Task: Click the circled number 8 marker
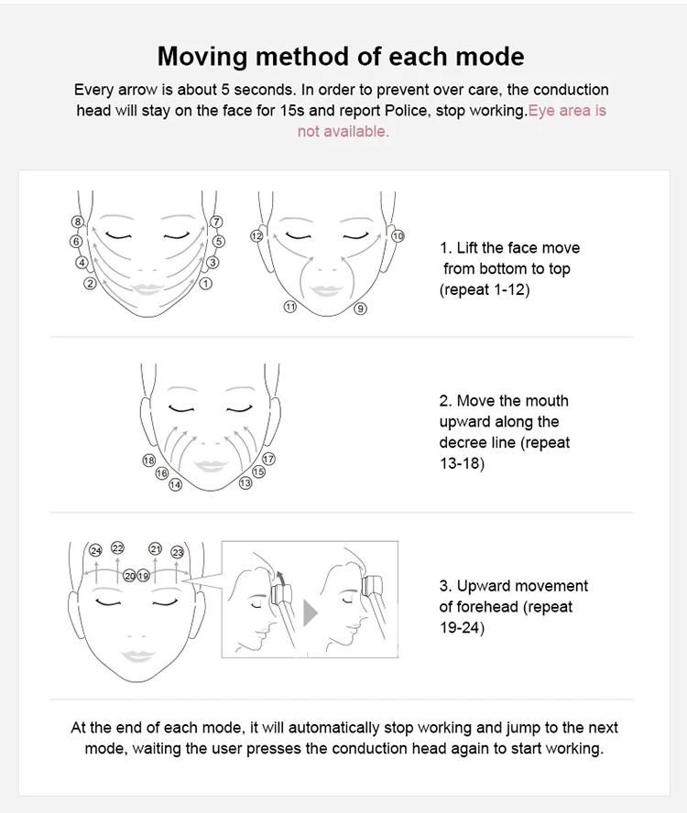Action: pos(78,222)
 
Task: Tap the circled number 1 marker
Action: pos(206,284)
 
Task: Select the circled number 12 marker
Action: pos(256,236)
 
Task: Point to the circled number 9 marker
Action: pos(361,309)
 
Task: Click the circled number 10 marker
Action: pos(398,236)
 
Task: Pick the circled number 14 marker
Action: pos(175,485)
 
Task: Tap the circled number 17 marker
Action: pos(268,459)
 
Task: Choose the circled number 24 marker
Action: pos(95,550)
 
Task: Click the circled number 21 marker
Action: pos(155,548)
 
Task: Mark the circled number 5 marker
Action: pos(218,241)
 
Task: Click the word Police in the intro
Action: pos(408,111)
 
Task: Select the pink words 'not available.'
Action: pos(343,132)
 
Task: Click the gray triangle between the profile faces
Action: pos(310,612)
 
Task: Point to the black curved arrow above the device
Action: pos(279,578)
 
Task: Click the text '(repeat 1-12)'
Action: pos(485,289)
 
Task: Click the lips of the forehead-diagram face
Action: pos(137,656)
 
